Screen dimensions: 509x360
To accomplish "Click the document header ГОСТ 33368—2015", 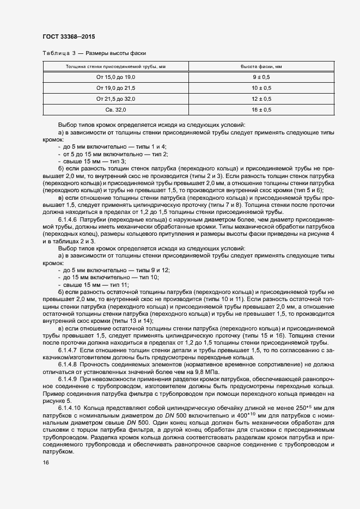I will click(69, 38).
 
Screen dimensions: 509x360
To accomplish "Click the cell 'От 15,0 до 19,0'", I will click(115, 77).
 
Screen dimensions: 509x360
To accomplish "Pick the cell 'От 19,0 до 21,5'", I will click(115, 88).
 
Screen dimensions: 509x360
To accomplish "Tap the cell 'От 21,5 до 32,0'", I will click(115, 99).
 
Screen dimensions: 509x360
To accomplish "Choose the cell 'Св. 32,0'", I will click(115, 110).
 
